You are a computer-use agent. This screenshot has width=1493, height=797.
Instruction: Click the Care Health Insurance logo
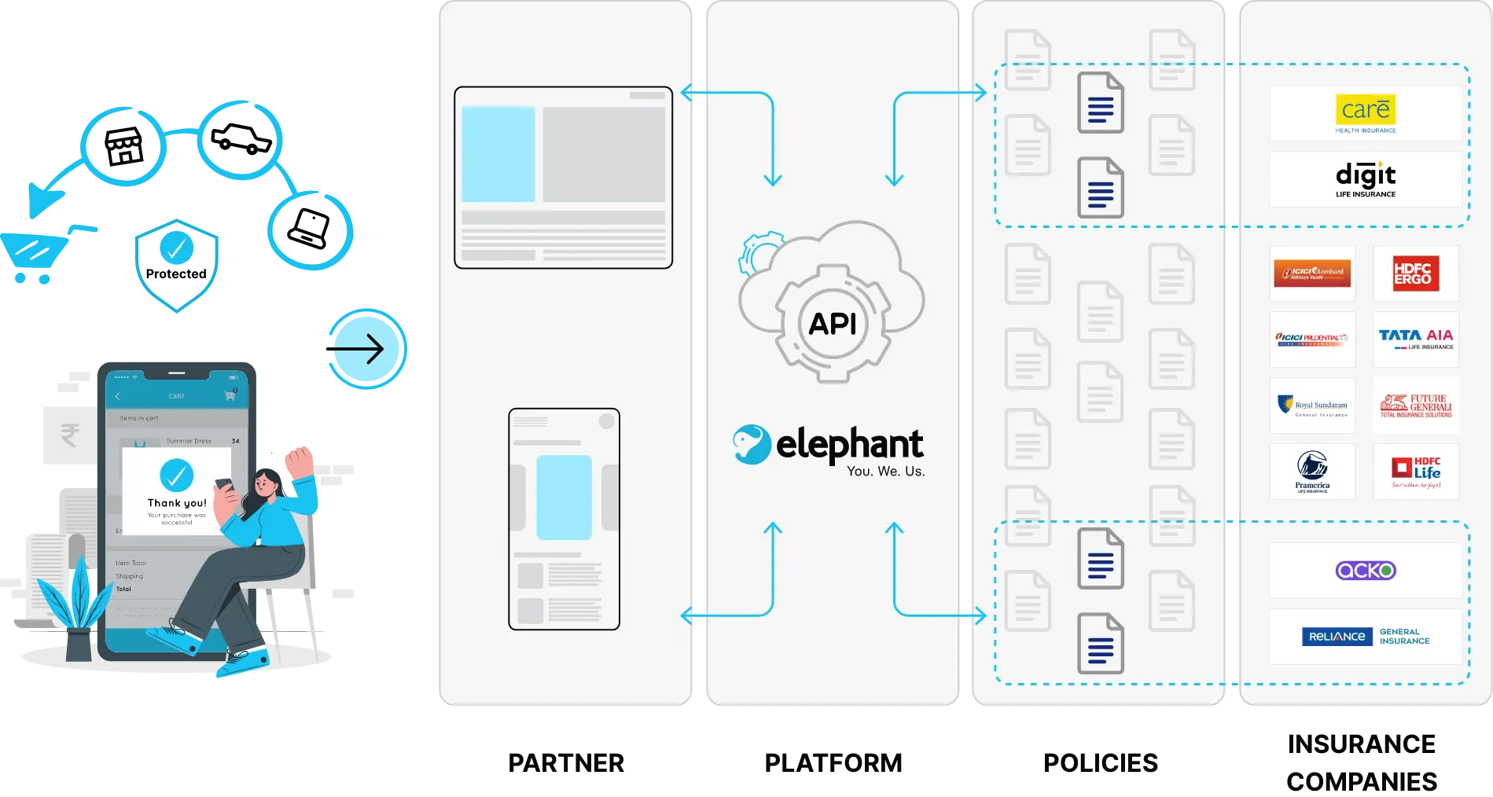click(x=1366, y=113)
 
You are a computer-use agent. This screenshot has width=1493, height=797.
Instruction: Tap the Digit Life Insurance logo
click(x=1366, y=178)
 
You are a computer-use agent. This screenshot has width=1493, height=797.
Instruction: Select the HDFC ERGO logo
click(x=1415, y=274)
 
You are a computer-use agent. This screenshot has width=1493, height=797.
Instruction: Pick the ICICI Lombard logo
click(x=1312, y=274)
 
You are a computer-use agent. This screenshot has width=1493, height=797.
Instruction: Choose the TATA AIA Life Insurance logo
click(x=1415, y=339)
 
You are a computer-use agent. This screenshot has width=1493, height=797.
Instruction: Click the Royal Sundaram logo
click(x=1312, y=406)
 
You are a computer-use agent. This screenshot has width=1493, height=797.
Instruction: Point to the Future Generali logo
click(x=1415, y=406)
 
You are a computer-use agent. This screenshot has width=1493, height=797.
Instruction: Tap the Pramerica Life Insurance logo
click(x=1312, y=472)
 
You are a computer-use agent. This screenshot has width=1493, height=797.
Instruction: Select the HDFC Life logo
click(x=1415, y=472)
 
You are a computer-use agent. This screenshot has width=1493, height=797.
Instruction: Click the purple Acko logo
click(x=1366, y=571)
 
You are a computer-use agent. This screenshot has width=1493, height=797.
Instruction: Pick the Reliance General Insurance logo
click(x=1366, y=636)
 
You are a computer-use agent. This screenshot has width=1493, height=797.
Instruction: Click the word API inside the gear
click(x=833, y=324)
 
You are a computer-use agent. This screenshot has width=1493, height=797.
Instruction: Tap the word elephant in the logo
click(x=849, y=445)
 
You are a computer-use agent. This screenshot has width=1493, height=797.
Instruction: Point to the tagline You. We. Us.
click(x=885, y=472)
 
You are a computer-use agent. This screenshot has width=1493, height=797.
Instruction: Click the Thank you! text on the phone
click(x=177, y=503)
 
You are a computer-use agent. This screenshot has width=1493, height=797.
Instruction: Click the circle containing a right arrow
click(x=367, y=348)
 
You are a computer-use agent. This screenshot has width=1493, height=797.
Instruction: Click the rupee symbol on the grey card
click(x=69, y=435)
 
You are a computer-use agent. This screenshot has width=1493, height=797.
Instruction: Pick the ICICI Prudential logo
click(x=1312, y=339)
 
